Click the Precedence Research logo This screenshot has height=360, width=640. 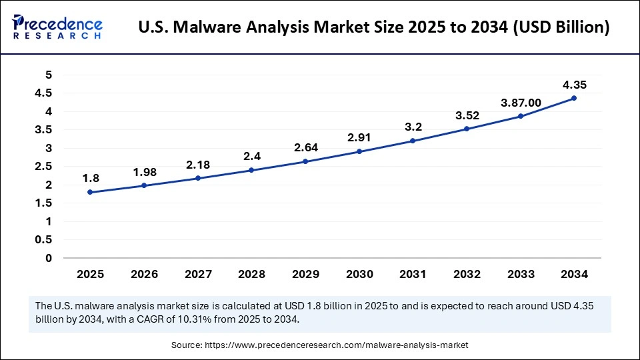pos(57,27)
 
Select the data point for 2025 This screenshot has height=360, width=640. pos(90,192)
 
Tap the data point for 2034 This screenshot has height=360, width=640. pos(574,98)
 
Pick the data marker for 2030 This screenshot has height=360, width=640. pos(359,151)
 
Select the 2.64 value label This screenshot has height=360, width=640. pos(305,147)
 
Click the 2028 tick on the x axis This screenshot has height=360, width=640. pos(251,274)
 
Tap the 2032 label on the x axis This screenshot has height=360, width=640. pos(467,274)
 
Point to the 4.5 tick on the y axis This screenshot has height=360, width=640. pos(44,93)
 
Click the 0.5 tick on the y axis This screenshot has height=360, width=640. pos(44,239)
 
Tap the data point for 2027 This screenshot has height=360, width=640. pos(197,178)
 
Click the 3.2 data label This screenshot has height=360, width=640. pos(413,127)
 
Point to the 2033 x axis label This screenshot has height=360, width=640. pos(520,274)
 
